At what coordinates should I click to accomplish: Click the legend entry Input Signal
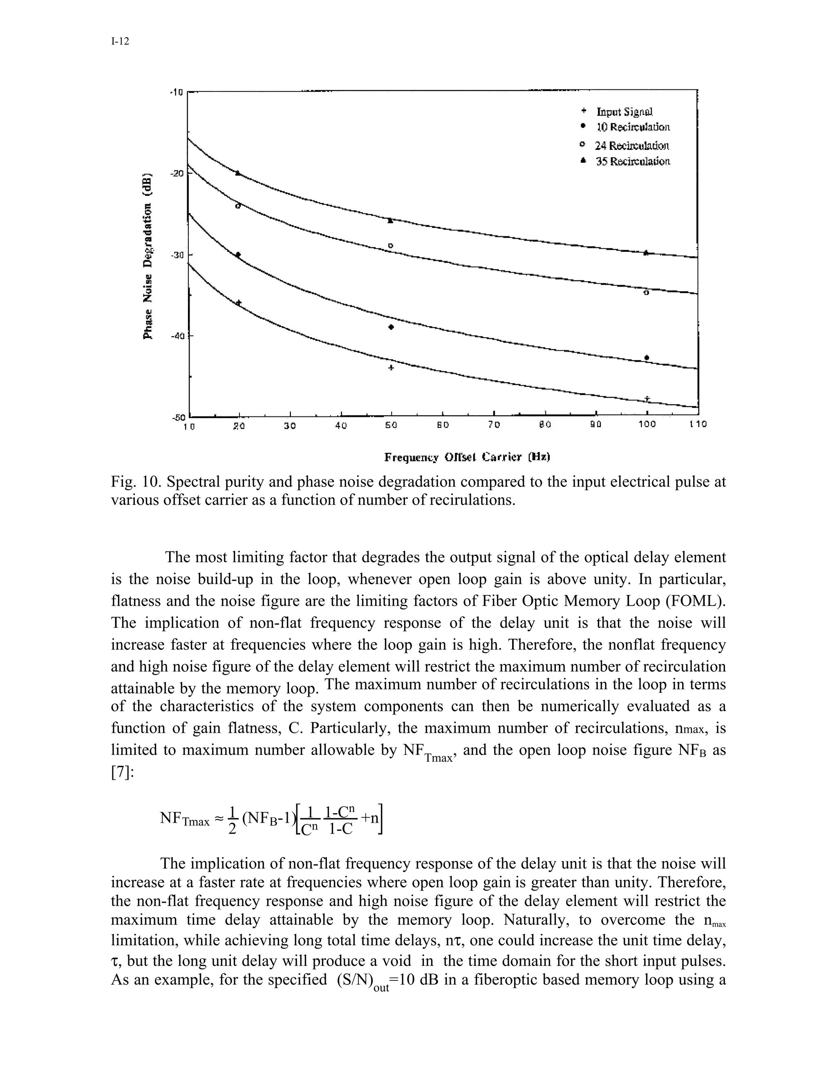(624, 112)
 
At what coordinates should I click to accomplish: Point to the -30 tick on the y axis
(177, 255)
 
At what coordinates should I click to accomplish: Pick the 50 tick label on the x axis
(391, 425)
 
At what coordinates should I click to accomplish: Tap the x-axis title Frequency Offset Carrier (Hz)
(468, 457)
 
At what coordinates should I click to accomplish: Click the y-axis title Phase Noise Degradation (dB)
(148, 256)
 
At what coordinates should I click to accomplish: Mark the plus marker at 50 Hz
(391, 367)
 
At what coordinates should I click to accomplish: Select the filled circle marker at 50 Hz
(391, 327)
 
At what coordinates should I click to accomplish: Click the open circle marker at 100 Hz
(646, 293)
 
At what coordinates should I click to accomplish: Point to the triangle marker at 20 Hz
(238, 173)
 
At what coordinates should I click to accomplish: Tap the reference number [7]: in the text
(122, 772)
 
